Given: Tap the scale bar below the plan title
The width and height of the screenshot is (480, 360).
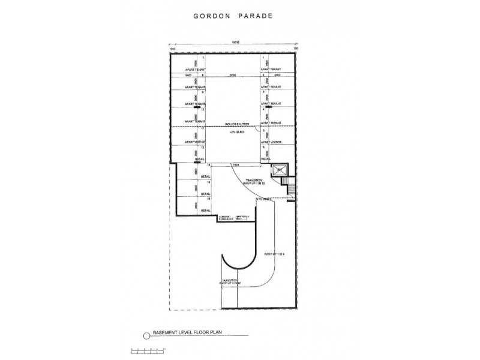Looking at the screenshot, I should tap(144, 349).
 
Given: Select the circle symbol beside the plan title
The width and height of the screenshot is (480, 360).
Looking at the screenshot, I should tap(143, 335).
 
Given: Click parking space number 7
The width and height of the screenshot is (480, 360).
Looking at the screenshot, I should tap(203, 58).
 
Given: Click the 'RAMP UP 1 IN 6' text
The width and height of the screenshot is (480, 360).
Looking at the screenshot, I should tap(273, 254).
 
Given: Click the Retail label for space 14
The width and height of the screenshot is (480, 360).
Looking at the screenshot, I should tap(205, 194).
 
